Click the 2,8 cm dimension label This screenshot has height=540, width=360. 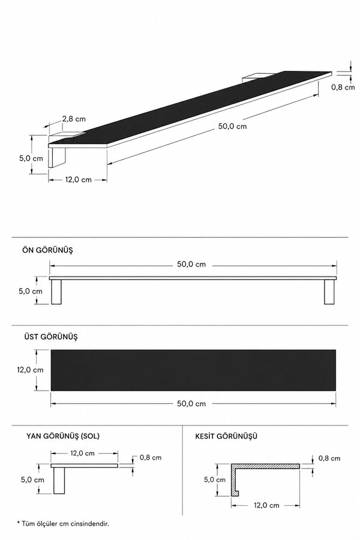[x=74, y=119]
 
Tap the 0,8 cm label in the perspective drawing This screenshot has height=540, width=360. [x=343, y=88]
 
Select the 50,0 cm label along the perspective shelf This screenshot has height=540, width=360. [x=232, y=127]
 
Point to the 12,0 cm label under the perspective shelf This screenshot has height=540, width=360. [x=78, y=180]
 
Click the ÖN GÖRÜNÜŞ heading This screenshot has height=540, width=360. [x=47, y=250]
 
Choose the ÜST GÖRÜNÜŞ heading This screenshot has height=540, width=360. [x=51, y=337]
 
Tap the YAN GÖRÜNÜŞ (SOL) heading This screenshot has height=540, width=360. [x=63, y=436]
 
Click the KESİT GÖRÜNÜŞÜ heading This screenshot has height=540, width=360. [x=226, y=436]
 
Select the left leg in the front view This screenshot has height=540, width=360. [x=56, y=292]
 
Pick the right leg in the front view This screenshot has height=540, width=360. [x=329, y=292]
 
